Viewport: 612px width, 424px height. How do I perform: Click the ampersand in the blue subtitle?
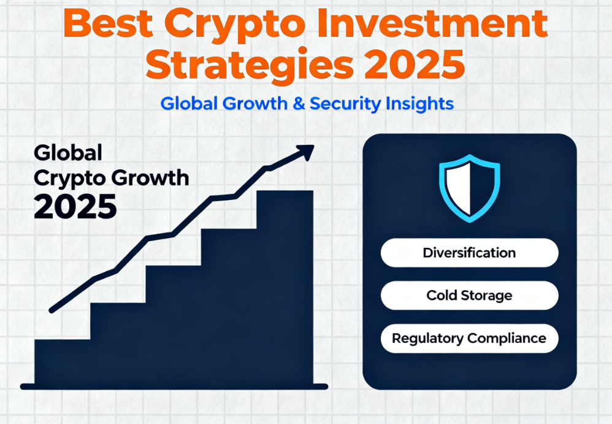click(x=299, y=103)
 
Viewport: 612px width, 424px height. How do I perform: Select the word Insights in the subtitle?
click(x=420, y=103)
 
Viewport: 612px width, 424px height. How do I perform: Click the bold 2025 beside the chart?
click(x=75, y=207)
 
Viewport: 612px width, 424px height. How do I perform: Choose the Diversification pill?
click(x=469, y=253)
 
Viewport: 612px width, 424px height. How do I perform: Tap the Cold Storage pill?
click(x=469, y=295)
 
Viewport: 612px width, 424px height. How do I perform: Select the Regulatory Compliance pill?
click(x=469, y=338)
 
